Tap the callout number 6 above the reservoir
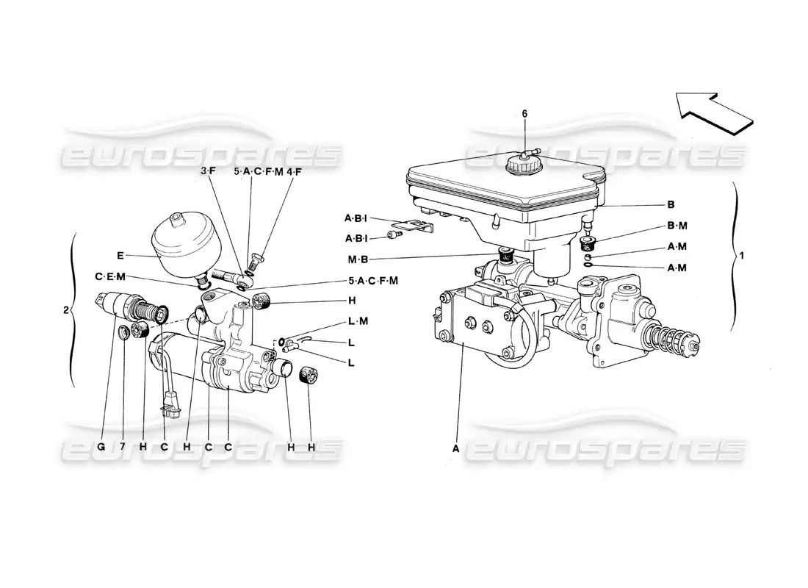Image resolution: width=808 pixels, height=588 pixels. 524,114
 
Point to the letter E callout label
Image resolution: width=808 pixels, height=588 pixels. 120,256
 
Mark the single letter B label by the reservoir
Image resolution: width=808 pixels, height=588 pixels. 671,205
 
